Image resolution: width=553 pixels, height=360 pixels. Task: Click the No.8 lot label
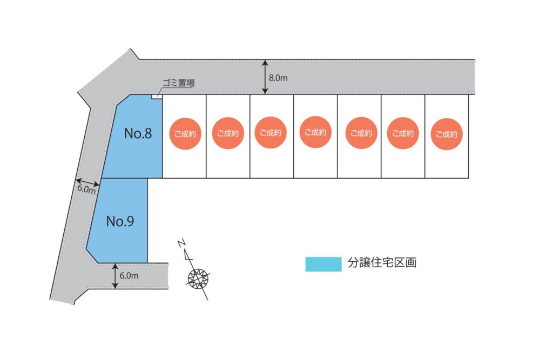[x=138, y=134]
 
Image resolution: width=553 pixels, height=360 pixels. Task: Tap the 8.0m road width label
[x=278, y=78]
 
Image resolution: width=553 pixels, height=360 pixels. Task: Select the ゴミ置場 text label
[x=178, y=84]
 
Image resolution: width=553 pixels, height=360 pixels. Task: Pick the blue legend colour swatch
[x=323, y=263]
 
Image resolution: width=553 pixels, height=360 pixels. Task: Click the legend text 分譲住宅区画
[x=382, y=263]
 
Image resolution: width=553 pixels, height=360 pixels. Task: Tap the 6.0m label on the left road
[x=86, y=189]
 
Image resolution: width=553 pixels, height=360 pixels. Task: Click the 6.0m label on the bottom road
[x=129, y=275]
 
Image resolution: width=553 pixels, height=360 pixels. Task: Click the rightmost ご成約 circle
[x=447, y=134]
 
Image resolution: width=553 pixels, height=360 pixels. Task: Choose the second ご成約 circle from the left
[x=228, y=133]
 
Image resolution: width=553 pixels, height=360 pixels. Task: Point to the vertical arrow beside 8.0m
[x=265, y=77]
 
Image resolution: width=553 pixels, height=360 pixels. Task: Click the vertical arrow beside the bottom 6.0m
[x=116, y=276]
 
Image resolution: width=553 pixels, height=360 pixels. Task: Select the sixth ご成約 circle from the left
[x=403, y=133]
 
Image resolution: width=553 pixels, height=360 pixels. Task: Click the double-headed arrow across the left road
[x=88, y=182]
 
